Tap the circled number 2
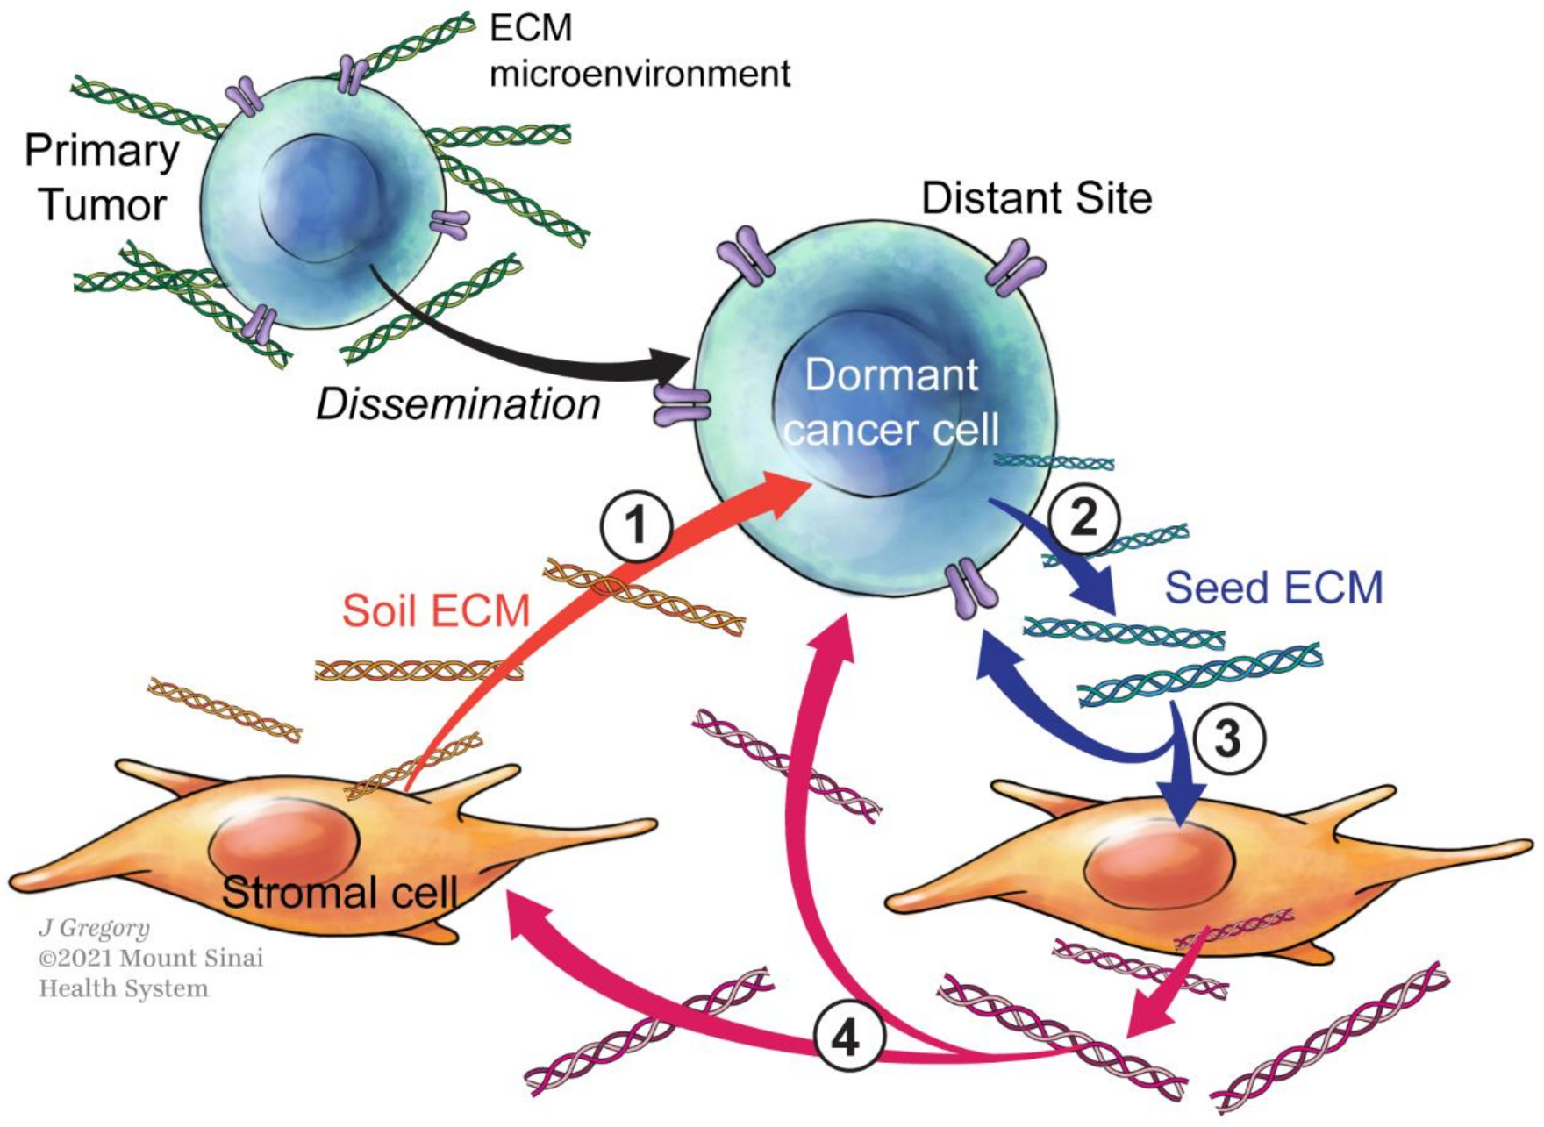click(x=1084, y=518)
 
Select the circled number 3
click(x=1227, y=738)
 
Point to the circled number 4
click(x=847, y=1038)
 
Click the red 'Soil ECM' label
click(x=436, y=610)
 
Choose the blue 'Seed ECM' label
click(x=1273, y=588)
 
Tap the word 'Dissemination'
click(x=458, y=404)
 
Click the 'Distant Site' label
click(x=1036, y=198)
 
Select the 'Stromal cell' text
click(x=340, y=892)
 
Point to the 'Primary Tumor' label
click(x=102, y=178)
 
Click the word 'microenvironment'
click(x=640, y=74)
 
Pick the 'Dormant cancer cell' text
click(x=890, y=402)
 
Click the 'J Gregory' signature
click(x=94, y=928)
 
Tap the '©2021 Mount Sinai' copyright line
click(x=150, y=958)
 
